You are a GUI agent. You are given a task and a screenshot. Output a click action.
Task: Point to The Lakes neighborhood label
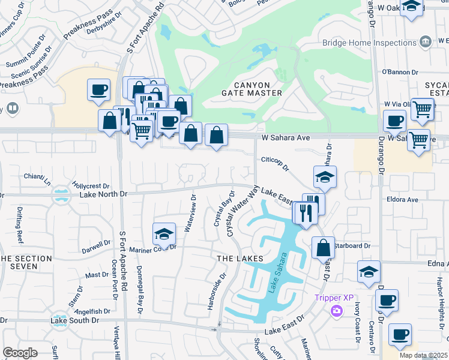(240, 258)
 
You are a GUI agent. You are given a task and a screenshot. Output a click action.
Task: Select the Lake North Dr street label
(104, 194)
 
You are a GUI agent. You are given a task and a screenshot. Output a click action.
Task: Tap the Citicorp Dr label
(276, 160)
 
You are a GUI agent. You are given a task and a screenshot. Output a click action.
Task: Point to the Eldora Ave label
(403, 199)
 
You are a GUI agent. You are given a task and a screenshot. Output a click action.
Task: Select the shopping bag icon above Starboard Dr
(323, 247)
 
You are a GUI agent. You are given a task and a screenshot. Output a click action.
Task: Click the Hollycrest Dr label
(91, 187)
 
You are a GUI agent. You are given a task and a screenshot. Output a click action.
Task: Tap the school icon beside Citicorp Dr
(324, 177)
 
